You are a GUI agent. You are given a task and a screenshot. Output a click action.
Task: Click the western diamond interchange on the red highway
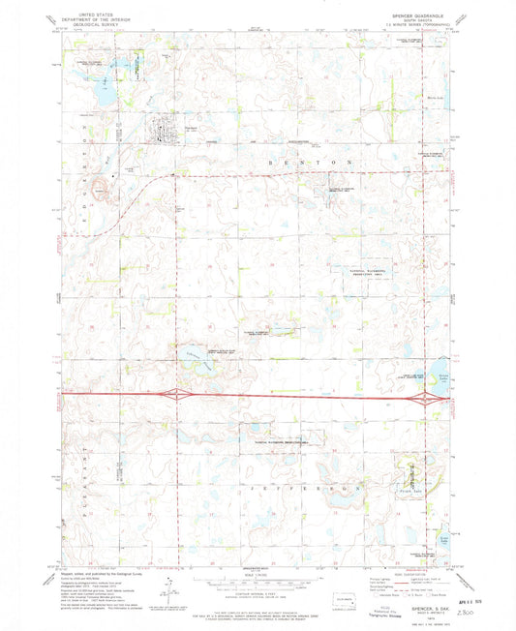point(176,394)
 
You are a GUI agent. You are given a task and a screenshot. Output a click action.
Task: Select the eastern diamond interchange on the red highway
point(424,397)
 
